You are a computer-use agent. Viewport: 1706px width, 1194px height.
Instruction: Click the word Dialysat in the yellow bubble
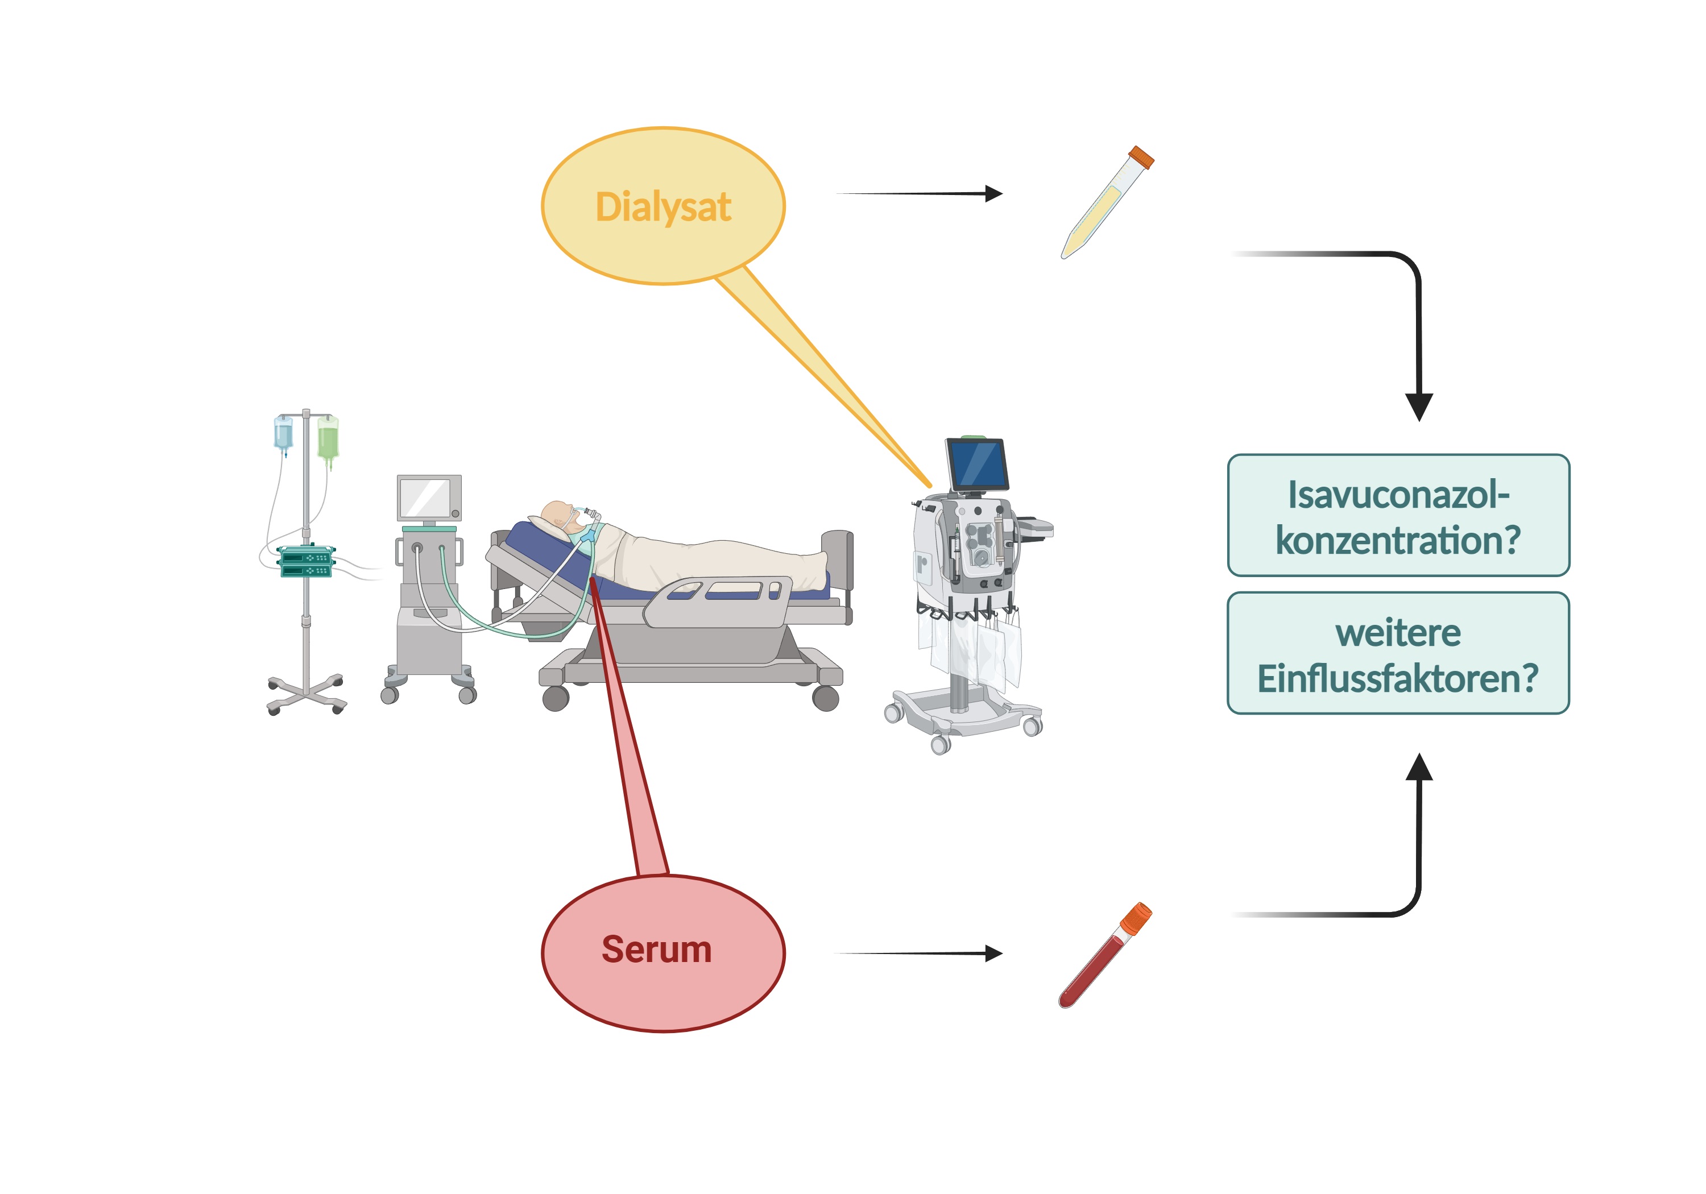point(663,208)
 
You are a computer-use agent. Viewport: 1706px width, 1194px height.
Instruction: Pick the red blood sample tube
point(1105,955)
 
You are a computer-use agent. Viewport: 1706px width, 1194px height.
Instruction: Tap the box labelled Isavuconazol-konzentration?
point(1398,515)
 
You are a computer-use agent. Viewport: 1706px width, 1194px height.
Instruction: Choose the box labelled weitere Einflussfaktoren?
point(1398,653)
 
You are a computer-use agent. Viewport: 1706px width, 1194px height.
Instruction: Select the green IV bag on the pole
point(328,440)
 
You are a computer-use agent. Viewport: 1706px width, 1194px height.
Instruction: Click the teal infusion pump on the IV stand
point(305,561)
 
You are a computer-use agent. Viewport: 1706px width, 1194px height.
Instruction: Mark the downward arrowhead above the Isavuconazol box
point(1419,407)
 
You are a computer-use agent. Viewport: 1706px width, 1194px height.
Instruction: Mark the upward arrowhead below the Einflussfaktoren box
point(1419,767)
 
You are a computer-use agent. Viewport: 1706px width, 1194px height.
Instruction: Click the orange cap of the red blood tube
point(1137,918)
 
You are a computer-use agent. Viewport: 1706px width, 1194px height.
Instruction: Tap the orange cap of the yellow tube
point(1141,157)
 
